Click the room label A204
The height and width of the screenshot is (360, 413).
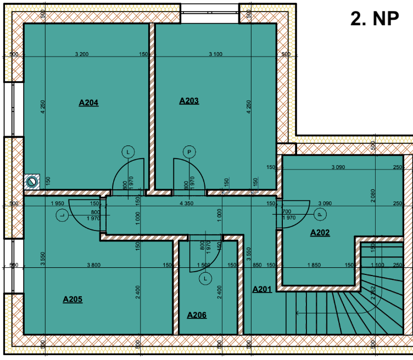[88, 103]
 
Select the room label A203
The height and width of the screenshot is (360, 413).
[189, 101]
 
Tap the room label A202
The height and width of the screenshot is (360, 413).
[320, 233]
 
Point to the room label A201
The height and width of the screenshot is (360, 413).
[262, 289]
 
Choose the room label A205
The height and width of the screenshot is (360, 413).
[72, 299]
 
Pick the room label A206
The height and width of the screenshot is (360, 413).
[197, 315]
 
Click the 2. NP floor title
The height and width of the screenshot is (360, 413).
[375, 19]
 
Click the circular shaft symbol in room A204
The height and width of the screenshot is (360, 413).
[32, 182]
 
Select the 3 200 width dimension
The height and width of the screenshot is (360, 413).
[82, 54]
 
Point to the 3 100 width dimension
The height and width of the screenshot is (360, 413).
[215, 54]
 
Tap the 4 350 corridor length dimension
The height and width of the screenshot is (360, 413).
[187, 204]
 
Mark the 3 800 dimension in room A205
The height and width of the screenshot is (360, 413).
[94, 265]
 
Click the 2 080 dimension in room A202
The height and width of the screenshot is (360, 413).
[373, 195]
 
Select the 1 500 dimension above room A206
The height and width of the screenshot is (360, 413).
[204, 265]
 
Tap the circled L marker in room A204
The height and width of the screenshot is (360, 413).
[129, 152]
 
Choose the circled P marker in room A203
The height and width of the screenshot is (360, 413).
[189, 152]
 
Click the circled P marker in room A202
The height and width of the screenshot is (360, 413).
[320, 215]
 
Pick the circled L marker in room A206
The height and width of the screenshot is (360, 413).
[205, 278]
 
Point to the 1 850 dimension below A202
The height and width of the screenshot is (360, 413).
[314, 265]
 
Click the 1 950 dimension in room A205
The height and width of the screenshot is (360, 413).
[58, 204]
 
